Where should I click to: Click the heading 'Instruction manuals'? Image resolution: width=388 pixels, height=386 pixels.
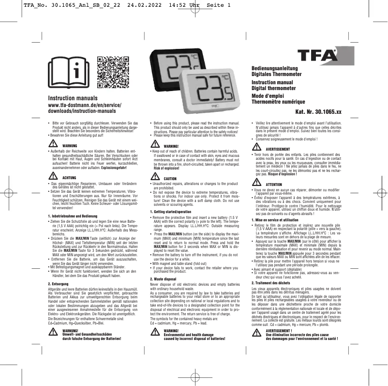74,99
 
